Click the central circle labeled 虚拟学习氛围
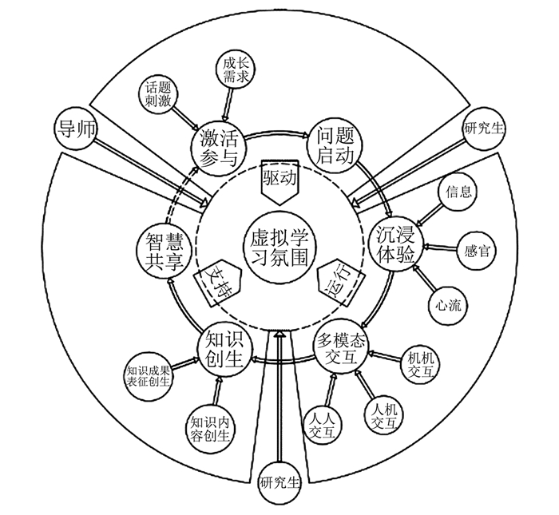[x=279, y=245]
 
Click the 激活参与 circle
[x=216, y=145]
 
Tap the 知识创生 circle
[x=224, y=348]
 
